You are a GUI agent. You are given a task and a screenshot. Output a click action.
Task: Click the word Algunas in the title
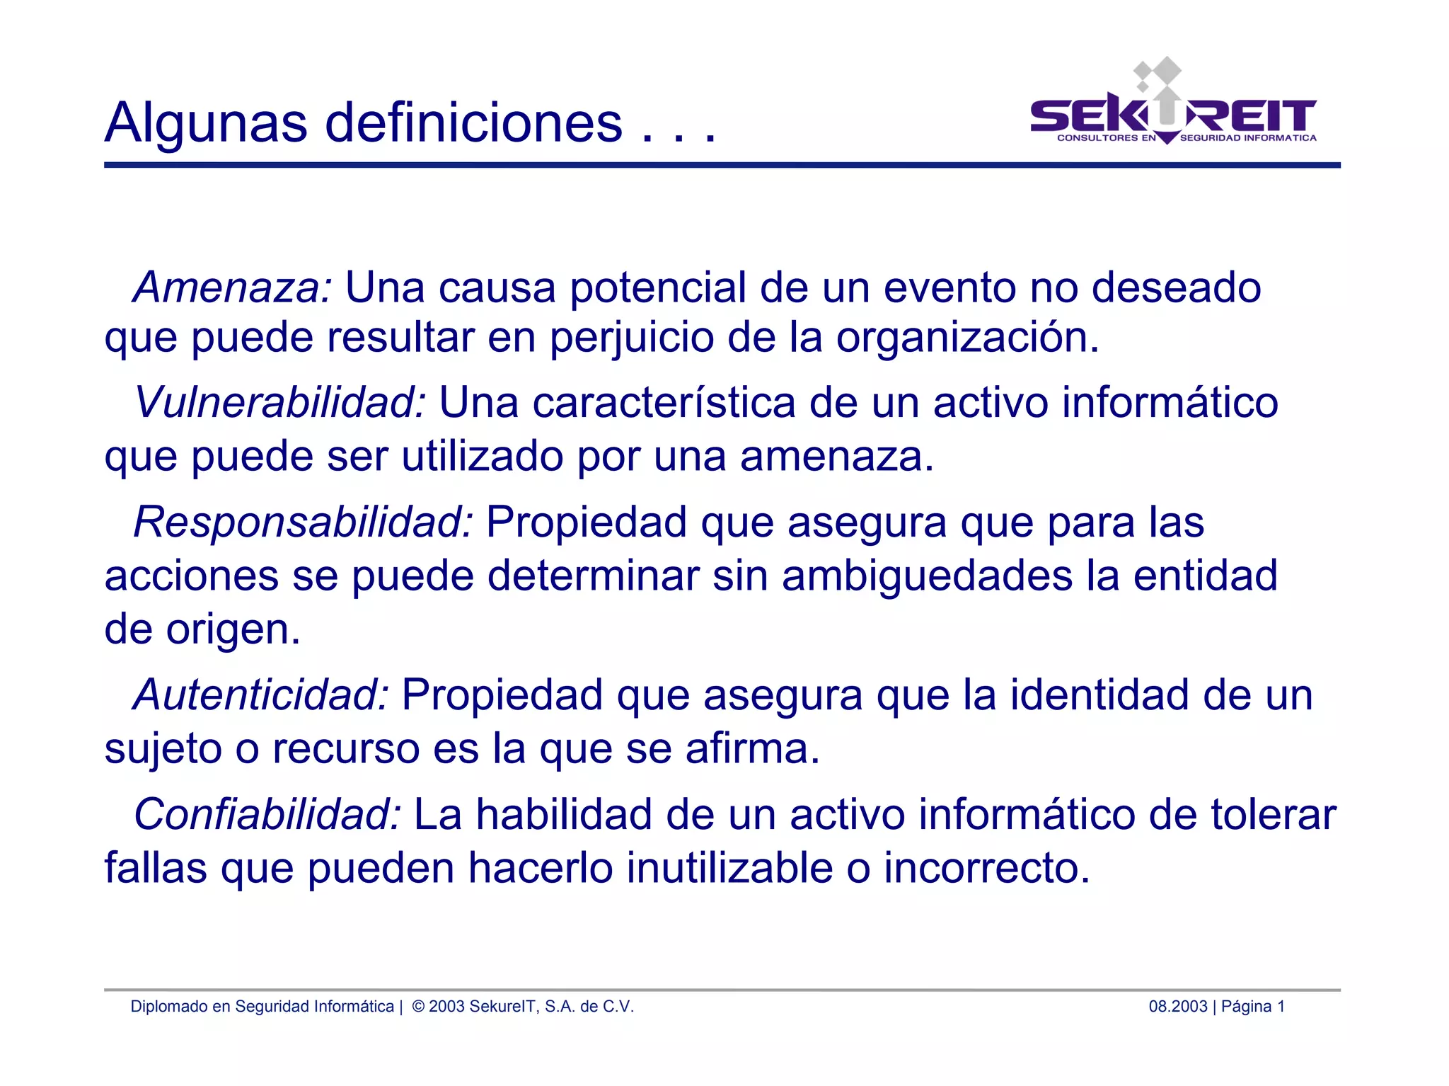pyautogui.click(x=205, y=123)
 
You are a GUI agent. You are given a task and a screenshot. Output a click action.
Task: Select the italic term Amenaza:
pyautogui.click(x=233, y=287)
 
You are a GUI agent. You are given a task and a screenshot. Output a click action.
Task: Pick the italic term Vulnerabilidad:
pyautogui.click(x=280, y=402)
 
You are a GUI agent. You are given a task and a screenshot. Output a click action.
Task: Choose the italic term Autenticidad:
pyautogui.click(x=261, y=695)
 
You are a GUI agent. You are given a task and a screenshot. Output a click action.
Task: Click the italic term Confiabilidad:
pyautogui.click(x=267, y=814)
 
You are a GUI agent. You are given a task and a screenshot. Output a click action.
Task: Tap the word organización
pyautogui.click(x=967, y=337)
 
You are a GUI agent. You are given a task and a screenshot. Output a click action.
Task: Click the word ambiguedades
pyautogui.click(x=927, y=575)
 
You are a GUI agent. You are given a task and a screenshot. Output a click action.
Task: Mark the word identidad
pyautogui.click(x=1099, y=695)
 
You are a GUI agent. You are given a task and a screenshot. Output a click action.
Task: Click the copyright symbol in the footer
pyautogui.click(x=418, y=1006)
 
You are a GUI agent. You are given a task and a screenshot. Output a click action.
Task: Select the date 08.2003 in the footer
pyautogui.click(x=1177, y=1006)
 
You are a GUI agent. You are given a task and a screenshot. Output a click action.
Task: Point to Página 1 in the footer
pyautogui.click(x=1252, y=1006)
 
